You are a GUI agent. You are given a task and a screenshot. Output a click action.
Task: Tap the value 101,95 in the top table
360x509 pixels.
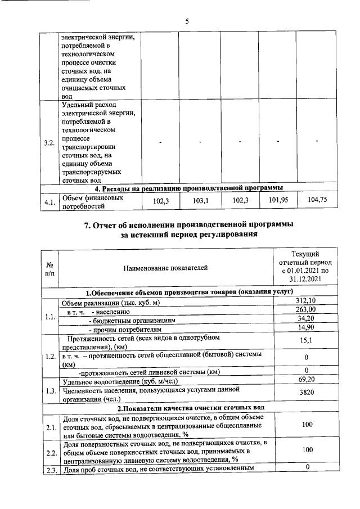pyautogui.click(x=278, y=200)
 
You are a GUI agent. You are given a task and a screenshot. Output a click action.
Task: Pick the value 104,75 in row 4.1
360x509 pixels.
pyautogui.click(x=318, y=200)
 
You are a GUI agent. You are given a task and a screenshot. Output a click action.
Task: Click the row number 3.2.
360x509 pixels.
pyautogui.click(x=49, y=142)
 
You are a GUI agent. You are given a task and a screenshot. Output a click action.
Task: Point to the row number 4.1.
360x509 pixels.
pyautogui.click(x=49, y=201)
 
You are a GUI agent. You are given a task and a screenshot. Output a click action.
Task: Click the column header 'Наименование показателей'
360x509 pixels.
pyautogui.click(x=166, y=268)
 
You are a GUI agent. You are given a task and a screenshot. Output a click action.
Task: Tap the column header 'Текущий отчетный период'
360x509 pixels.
pyautogui.click(x=304, y=267)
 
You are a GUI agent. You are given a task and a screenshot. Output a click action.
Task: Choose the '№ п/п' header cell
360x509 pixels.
pyautogui.click(x=49, y=268)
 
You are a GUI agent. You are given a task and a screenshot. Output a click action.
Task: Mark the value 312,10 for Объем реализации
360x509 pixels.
pyautogui.click(x=304, y=301)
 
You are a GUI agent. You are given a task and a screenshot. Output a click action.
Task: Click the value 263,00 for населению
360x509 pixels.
pyautogui.click(x=304, y=309)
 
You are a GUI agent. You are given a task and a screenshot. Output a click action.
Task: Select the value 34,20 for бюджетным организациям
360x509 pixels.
pyautogui.click(x=304, y=318)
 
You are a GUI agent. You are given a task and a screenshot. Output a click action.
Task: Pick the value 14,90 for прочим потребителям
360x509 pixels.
pyautogui.click(x=304, y=327)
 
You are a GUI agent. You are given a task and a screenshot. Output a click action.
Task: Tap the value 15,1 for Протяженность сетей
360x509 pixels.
pyautogui.click(x=304, y=340)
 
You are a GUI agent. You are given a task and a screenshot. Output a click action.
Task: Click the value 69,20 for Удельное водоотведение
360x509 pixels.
pyautogui.click(x=304, y=381)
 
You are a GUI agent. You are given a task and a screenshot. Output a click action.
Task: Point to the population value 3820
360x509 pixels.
pyautogui.click(x=304, y=393)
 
